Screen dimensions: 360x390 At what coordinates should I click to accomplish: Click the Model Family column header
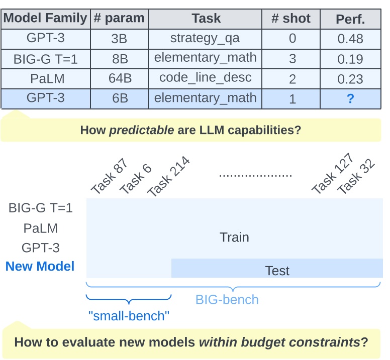point(45,19)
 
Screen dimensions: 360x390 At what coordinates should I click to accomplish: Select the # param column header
point(119,19)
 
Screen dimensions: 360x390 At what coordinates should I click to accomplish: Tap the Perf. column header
point(350,20)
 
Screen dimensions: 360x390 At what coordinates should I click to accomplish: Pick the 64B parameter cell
point(120,78)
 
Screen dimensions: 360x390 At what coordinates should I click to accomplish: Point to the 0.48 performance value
point(350,39)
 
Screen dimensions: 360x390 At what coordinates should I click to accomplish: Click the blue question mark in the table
point(350,99)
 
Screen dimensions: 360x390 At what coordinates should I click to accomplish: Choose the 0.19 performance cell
point(350,59)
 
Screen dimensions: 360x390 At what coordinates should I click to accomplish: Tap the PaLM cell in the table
point(45,78)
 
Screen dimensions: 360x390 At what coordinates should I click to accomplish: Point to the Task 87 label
point(109,177)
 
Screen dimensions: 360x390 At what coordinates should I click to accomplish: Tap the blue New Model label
point(40,266)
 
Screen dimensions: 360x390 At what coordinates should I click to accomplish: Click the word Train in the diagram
point(234,237)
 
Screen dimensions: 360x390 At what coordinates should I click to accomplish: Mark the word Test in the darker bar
point(277,271)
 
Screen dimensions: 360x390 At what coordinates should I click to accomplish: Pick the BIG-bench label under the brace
point(227,300)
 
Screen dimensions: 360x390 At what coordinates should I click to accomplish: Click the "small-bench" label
point(129,316)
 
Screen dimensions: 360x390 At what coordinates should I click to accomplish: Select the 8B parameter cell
point(120,59)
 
